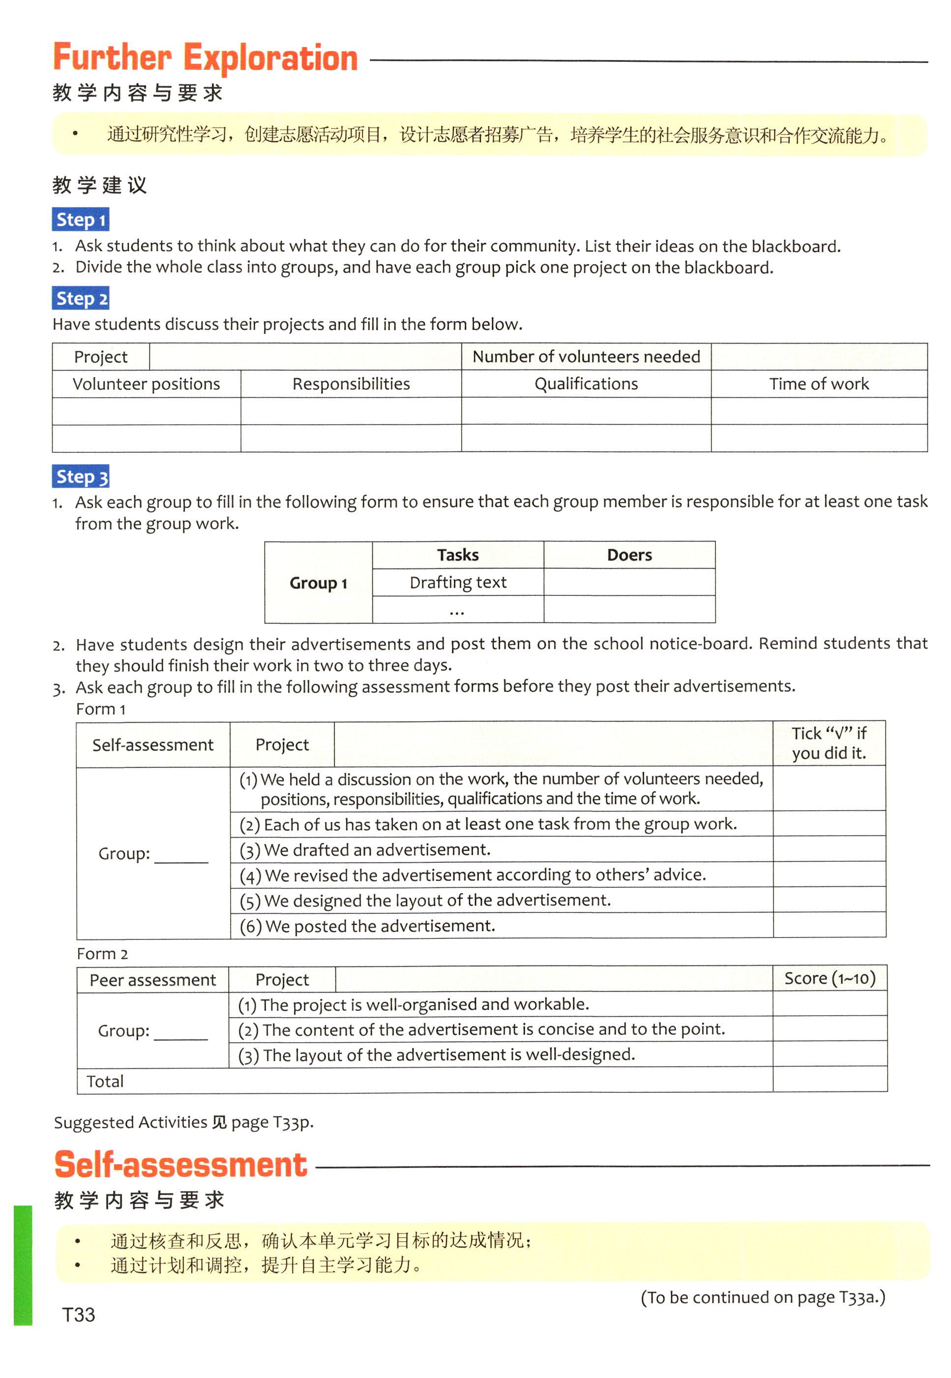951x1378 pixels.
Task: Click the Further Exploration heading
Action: click(x=205, y=59)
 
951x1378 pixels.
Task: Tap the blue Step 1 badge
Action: click(x=81, y=220)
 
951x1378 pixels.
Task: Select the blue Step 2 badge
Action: click(x=81, y=298)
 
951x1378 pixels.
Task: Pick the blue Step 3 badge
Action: click(x=81, y=476)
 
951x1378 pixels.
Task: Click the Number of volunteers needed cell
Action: click(x=586, y=357)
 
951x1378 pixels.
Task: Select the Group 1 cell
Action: click(x=318, y=583)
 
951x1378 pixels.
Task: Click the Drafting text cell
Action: click(x=458, y=583)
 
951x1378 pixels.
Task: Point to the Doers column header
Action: click(x=629, y=555)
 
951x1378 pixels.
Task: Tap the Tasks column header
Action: click(x=458, y=555)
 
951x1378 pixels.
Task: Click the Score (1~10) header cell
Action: click(x=830, y=979)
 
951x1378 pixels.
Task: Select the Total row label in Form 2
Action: click(x=105, y=1082)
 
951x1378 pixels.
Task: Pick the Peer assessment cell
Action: click(x=152, y=980)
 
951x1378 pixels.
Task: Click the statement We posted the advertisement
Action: click(x=379, y=926)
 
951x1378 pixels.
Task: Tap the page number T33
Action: click(x=79, y=1315)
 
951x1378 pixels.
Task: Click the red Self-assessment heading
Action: click(x=180, y=1164)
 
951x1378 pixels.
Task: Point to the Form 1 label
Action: click(x=101, y=709)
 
